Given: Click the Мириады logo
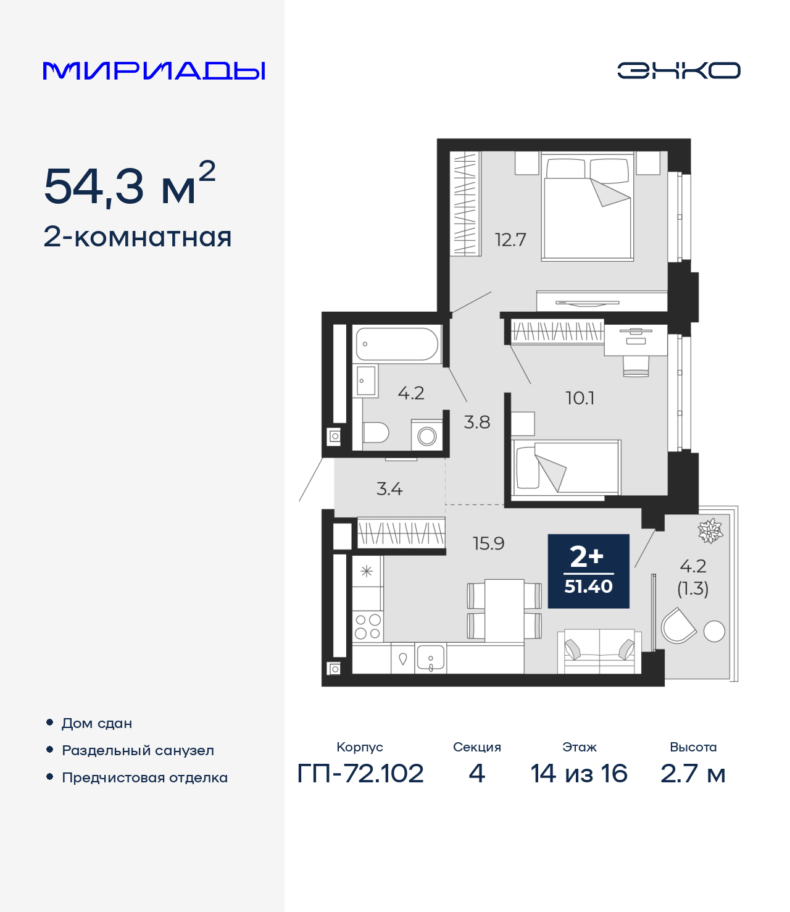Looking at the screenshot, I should [x=154, y=71].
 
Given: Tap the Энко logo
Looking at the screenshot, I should [x=678, y=70].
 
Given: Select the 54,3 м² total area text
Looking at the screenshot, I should [x=130, y=185].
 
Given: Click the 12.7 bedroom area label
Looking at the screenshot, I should [x=510, y=240].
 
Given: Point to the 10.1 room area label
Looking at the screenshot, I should [x=580, y=398].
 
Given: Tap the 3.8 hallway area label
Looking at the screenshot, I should [x=477, y=422].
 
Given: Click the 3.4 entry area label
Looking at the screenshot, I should [x=389, y=489].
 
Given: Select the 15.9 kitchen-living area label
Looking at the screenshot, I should [x=488, y=543].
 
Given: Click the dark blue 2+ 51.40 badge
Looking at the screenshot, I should [x=588, y=571].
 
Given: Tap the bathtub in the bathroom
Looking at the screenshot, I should [x=397, y=344].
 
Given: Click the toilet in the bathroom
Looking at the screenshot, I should [x=375, y=432].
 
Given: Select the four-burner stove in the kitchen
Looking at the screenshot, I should [x=368, y=627].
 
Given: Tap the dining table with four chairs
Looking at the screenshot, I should [x=504, y=611].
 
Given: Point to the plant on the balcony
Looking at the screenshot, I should [x=710, y=530].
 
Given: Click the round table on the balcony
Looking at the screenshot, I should [x=714, y=631].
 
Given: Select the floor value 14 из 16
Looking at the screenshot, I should [x=579, y=774].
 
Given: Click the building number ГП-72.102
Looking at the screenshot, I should [x=360, y=774].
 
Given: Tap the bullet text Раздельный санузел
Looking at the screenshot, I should [x=138, y=751].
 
